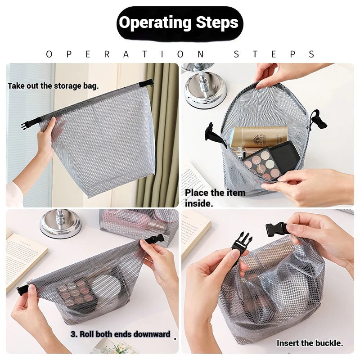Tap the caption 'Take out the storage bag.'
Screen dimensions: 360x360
pyautogui.click(x=53, y=86)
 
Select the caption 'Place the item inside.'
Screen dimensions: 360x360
pyautogui.click(x=215, y=198)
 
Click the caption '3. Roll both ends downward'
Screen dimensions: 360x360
pyautogui.click(x=121, y=334)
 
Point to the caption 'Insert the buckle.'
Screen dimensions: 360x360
pyautogui.click(x=310, y=343)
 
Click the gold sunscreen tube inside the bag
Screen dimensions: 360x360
pyautogui.click(x=258, y=136)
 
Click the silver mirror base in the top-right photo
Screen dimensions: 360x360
pyautogui.click(x=205, y=89)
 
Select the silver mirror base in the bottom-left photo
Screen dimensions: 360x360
pyautogui.click(x=60, y=224)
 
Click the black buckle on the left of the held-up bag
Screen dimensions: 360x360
pyautogui.click(x=26, y=125)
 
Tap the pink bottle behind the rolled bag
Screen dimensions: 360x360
pyautogui.click(x=135, y=220)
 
